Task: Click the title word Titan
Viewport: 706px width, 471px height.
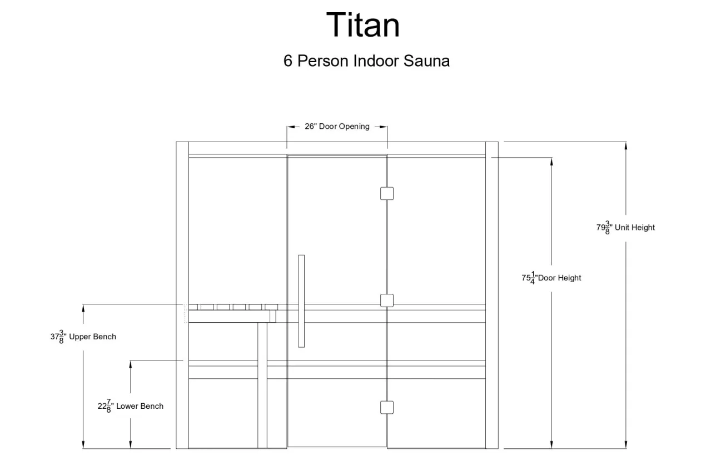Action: [x=363, y=24]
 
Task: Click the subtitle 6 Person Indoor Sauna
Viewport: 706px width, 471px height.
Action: [x=366, y=61]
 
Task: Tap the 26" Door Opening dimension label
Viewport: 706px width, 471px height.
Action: [x=337, y=126]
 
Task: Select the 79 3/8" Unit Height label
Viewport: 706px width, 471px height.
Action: [x=625, y=227]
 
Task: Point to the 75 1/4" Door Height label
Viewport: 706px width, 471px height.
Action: [x=551, y=278]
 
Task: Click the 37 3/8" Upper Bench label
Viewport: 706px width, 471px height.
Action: [x=83, y=337]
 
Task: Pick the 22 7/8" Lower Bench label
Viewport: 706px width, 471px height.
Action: [x=131, y=406]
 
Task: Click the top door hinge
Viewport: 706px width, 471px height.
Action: [x=387, y=193]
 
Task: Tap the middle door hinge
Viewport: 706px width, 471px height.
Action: [x=387, y=300]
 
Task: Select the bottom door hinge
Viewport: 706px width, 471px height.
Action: [x=387, y=407]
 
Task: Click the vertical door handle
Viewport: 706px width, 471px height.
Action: [x=301, y=301]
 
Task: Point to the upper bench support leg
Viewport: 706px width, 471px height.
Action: [x=262, y=385]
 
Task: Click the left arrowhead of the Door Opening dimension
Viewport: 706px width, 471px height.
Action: [x=291, y=127]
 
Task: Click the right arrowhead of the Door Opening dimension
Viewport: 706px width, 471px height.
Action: [x=383, y=127]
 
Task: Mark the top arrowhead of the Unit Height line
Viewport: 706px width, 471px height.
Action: [x=626, y=146]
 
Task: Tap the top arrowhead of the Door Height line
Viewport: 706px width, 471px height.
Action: [x=551, y=162]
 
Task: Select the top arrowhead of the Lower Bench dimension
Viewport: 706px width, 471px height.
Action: [x=131, y=364]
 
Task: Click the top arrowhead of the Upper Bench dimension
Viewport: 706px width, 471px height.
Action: [x=83, y=308]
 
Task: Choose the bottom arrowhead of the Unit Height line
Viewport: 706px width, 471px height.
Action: [x=626, y=444]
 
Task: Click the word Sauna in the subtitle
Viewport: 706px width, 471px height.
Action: [x=426, y=61]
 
